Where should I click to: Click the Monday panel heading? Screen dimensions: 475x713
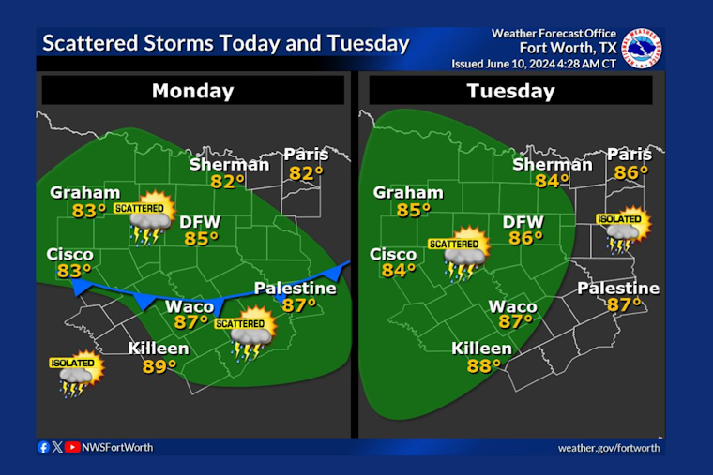point(192,91)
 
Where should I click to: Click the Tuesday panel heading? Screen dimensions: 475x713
point(510,91)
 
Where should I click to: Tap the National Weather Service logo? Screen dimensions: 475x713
point(643,50)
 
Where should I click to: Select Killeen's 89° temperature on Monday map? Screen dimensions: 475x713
point(159,366)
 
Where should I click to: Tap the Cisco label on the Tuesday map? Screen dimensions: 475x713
point(393,254)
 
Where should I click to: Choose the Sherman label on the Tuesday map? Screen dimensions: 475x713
point(553,165)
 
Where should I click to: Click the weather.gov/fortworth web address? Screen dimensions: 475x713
point(609,448)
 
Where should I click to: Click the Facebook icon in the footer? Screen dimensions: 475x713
point(44,448)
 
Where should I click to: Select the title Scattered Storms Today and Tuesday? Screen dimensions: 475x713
point(226,43)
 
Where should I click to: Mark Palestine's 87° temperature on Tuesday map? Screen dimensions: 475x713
point(623,304)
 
